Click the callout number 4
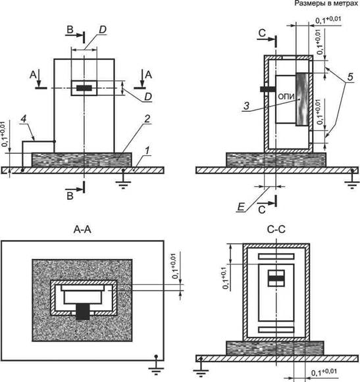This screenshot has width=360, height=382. pyautogui.click(x=24, y=119)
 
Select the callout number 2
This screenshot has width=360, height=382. pyautogui.click(x=147, y=119)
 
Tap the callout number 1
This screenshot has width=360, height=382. pyautogui.click(x=147, y=151)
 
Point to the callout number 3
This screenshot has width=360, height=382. pyautogui.click(x=247, y=106)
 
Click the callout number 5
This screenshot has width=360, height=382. pyautogui.click(x=350, y=77)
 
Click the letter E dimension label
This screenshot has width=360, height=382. pyautogui.click(x=240, y=207)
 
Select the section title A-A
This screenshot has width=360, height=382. pyautogui.click(x=82, y=229)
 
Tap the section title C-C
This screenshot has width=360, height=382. pyautogui.click(x=276, y=229)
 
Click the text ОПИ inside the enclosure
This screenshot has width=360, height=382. pyautogui.click(x=286, y=97)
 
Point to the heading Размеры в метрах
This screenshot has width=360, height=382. pyautogui.click(x=326, y=3)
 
